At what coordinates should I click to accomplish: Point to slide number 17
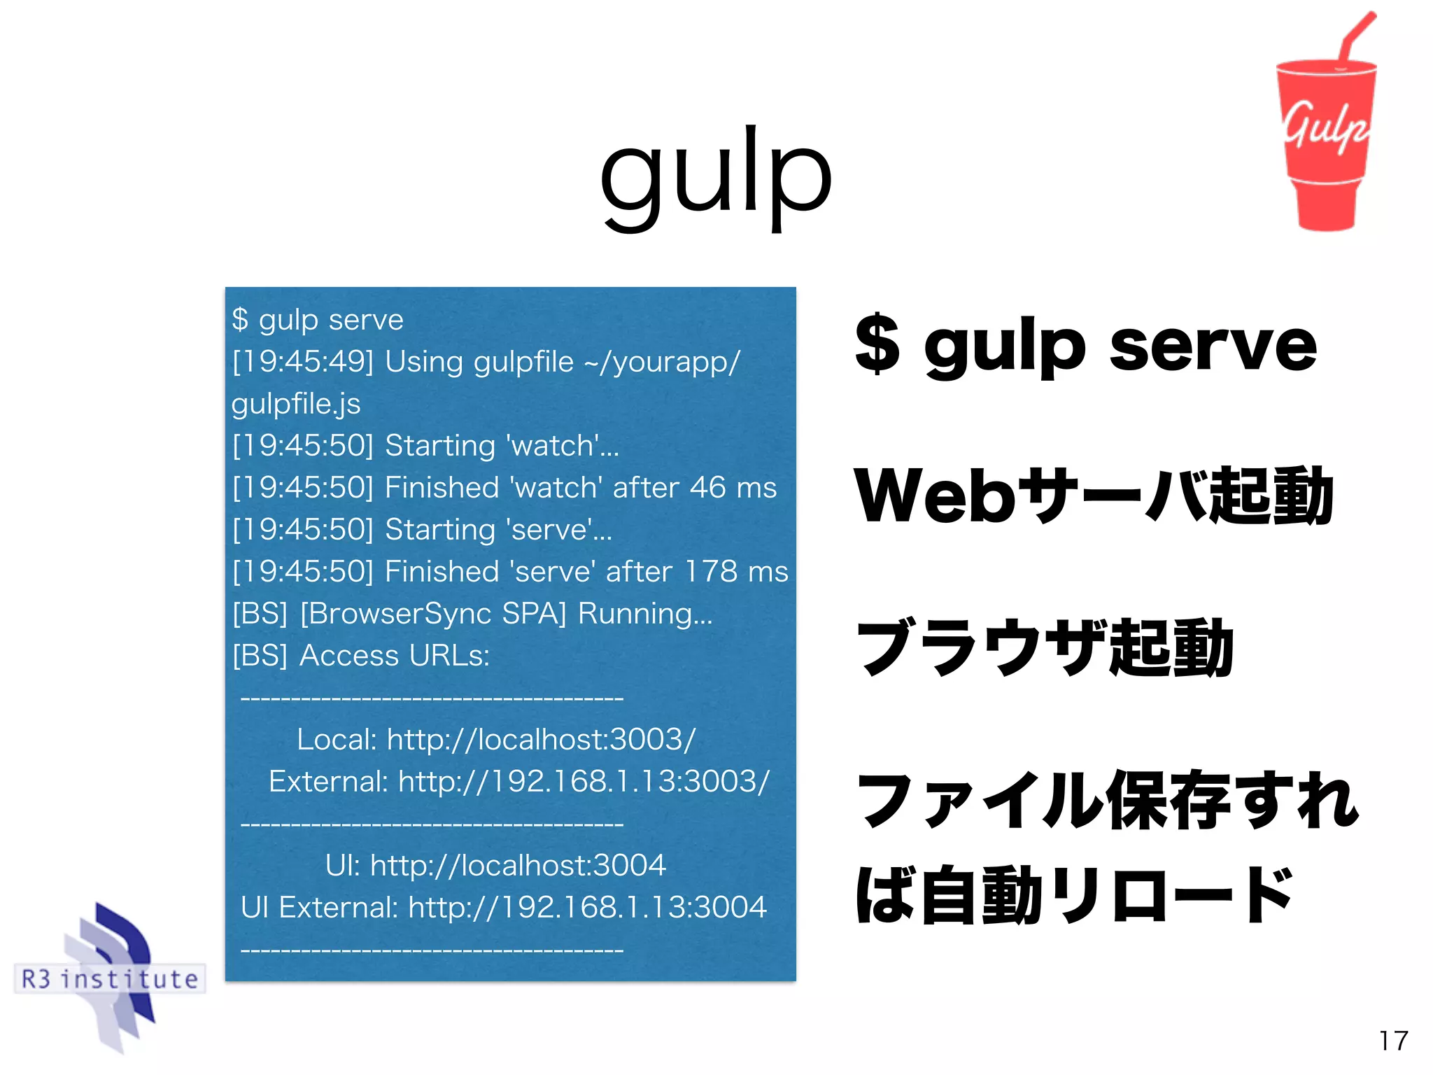coord(1393,1041)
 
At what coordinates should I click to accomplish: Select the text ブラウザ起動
coord(1045,647)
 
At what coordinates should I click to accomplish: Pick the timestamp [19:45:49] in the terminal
coord(303,362)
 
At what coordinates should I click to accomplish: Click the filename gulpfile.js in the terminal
coord(296,404)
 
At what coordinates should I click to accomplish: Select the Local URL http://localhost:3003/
coord(541,740)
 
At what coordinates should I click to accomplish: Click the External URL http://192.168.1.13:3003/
coord(584,782)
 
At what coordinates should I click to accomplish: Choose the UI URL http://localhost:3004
coord(518,866)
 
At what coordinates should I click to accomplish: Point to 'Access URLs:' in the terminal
coord(395,656)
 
